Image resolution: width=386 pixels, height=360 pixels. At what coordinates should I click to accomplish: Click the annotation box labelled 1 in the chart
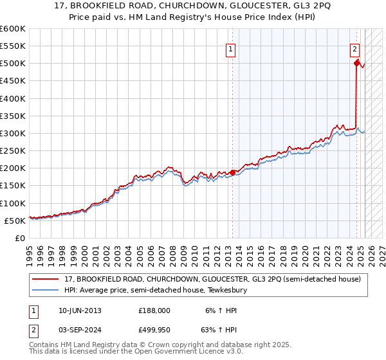(x=230, y=48)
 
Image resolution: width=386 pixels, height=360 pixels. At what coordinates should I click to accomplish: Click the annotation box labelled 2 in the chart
(x=354, y=48)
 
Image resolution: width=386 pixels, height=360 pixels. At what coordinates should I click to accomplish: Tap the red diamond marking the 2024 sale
(x=356, y=63)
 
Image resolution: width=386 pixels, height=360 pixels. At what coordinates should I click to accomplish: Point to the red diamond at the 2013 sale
(x=232, y=172)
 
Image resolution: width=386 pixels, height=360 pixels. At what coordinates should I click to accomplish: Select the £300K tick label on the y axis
(x=12, y=133)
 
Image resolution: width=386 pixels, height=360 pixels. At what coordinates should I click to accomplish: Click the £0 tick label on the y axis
(x=19, y=238)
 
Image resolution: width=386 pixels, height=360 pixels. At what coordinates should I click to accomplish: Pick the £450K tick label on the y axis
(x=12, y=81)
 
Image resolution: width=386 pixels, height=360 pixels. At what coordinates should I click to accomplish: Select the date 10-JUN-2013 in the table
(x=79, y=310)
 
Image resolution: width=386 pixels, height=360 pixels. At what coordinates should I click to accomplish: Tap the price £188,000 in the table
(x=154, y=310)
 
